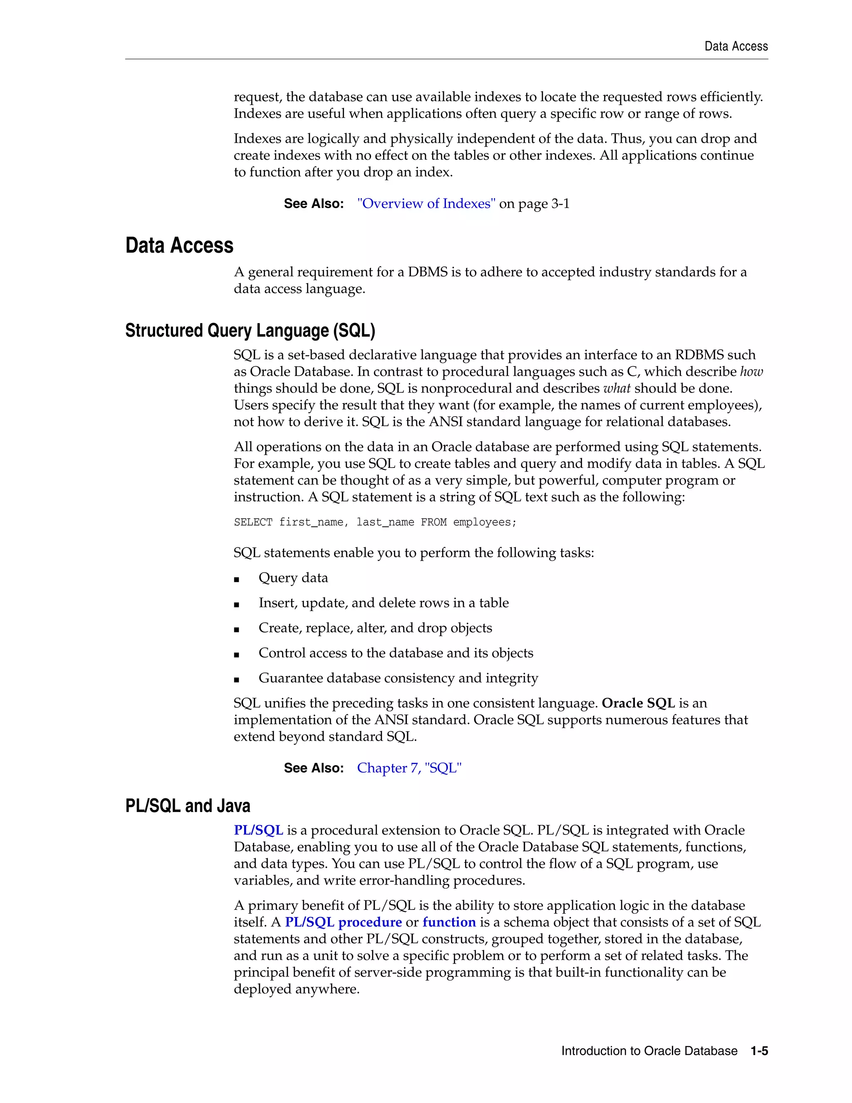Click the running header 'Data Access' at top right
(736, 47)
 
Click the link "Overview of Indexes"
(426, 204)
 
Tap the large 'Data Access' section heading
(179, 246)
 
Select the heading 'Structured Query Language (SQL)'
(250, 330)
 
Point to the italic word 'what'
(617, 388)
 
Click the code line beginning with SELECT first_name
(375, 522)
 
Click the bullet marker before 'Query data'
(236, 580)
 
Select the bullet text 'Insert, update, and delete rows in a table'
(383, 603)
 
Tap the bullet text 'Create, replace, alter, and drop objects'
(375, 628)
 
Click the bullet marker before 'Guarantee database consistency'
(236, 680)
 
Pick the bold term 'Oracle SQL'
(638, 703)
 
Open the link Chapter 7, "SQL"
(409, 768)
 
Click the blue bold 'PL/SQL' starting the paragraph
(258, 830)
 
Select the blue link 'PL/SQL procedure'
(343, 922)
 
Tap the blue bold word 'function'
(449, 922)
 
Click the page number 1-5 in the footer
(759, 1051)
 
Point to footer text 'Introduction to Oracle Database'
(649, 1051)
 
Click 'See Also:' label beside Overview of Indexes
(313, 204)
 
